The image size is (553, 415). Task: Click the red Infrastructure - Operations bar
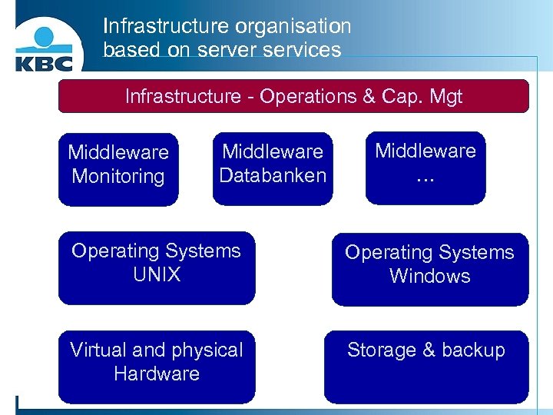(293, 97)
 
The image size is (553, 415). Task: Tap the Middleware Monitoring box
(118, 169)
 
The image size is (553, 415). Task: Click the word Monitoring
(118, 176)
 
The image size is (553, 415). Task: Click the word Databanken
(273, 175)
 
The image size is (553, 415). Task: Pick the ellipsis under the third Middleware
(425, 178)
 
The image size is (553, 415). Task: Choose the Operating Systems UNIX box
(157, 267)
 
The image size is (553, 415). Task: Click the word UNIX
(157, 274)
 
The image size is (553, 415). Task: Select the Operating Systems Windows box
(429, 269)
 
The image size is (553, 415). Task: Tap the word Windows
(429, 276)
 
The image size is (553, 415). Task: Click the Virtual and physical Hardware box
(157, 367)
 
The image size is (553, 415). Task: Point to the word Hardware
(157, 373)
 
